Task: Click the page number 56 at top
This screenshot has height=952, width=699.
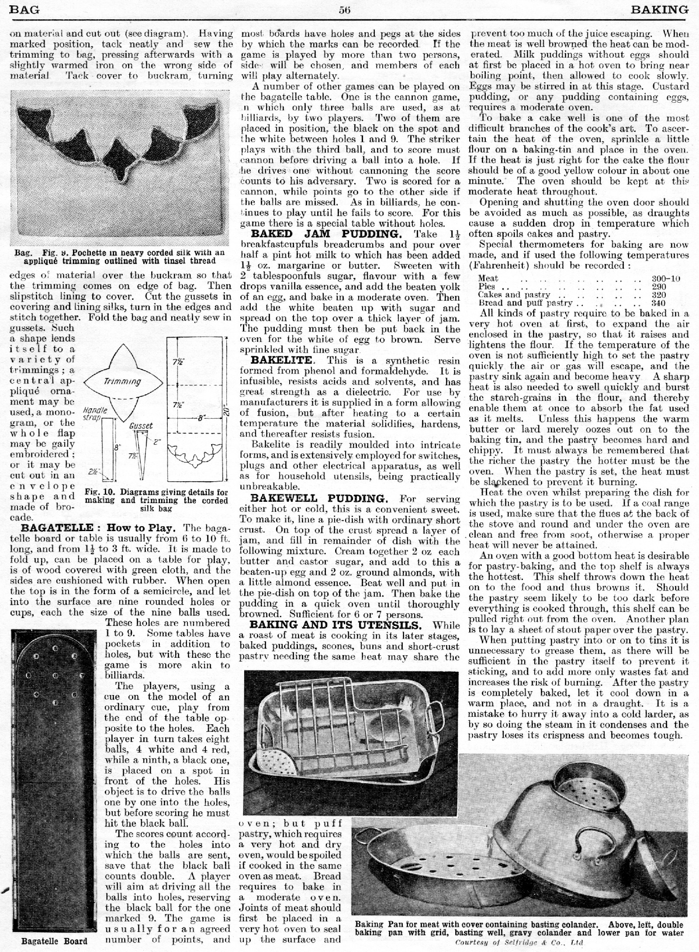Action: pyautogui.click(x=345, y=10)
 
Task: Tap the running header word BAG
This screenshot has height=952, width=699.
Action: pyautogui.click(x=24, y=10)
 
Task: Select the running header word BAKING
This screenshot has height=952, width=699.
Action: pyautogui.click(x=660, y=10)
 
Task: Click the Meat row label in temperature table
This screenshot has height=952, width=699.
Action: pyautogui.click(x=488, y=278)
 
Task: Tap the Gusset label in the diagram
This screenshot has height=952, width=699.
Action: pyautogui.click(x=141, y=425)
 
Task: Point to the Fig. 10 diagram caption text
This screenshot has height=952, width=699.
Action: pyautogui.click(x=156, y=500)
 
